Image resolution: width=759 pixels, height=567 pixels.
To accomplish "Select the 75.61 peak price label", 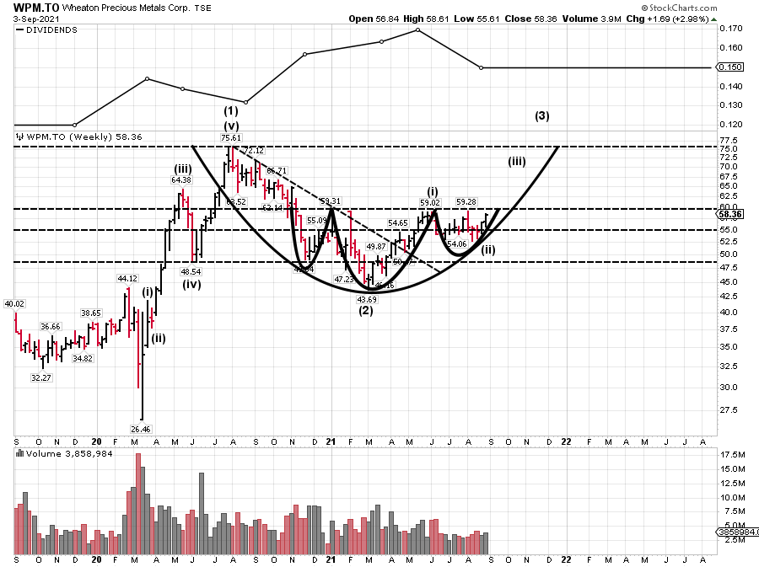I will [230, 138].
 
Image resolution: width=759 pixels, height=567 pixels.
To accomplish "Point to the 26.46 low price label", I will [140, 429].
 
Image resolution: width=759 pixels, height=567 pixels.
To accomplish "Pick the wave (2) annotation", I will [366, 311].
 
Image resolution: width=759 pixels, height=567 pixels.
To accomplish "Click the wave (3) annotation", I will [542, 116].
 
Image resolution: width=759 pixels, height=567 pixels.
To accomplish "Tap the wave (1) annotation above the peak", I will [230, 111].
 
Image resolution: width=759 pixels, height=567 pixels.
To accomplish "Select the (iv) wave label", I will [191, 284].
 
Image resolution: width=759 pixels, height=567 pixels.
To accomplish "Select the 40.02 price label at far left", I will [14, 304].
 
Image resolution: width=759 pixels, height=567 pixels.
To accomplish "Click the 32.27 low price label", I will [41, 378].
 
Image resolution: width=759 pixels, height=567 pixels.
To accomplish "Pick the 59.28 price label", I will [466, 202].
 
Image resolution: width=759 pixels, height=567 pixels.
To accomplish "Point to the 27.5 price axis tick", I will [729, 409].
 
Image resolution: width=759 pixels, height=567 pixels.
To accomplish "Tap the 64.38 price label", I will [181, 179].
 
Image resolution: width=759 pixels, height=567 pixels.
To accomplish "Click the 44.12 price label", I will [126, 278].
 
